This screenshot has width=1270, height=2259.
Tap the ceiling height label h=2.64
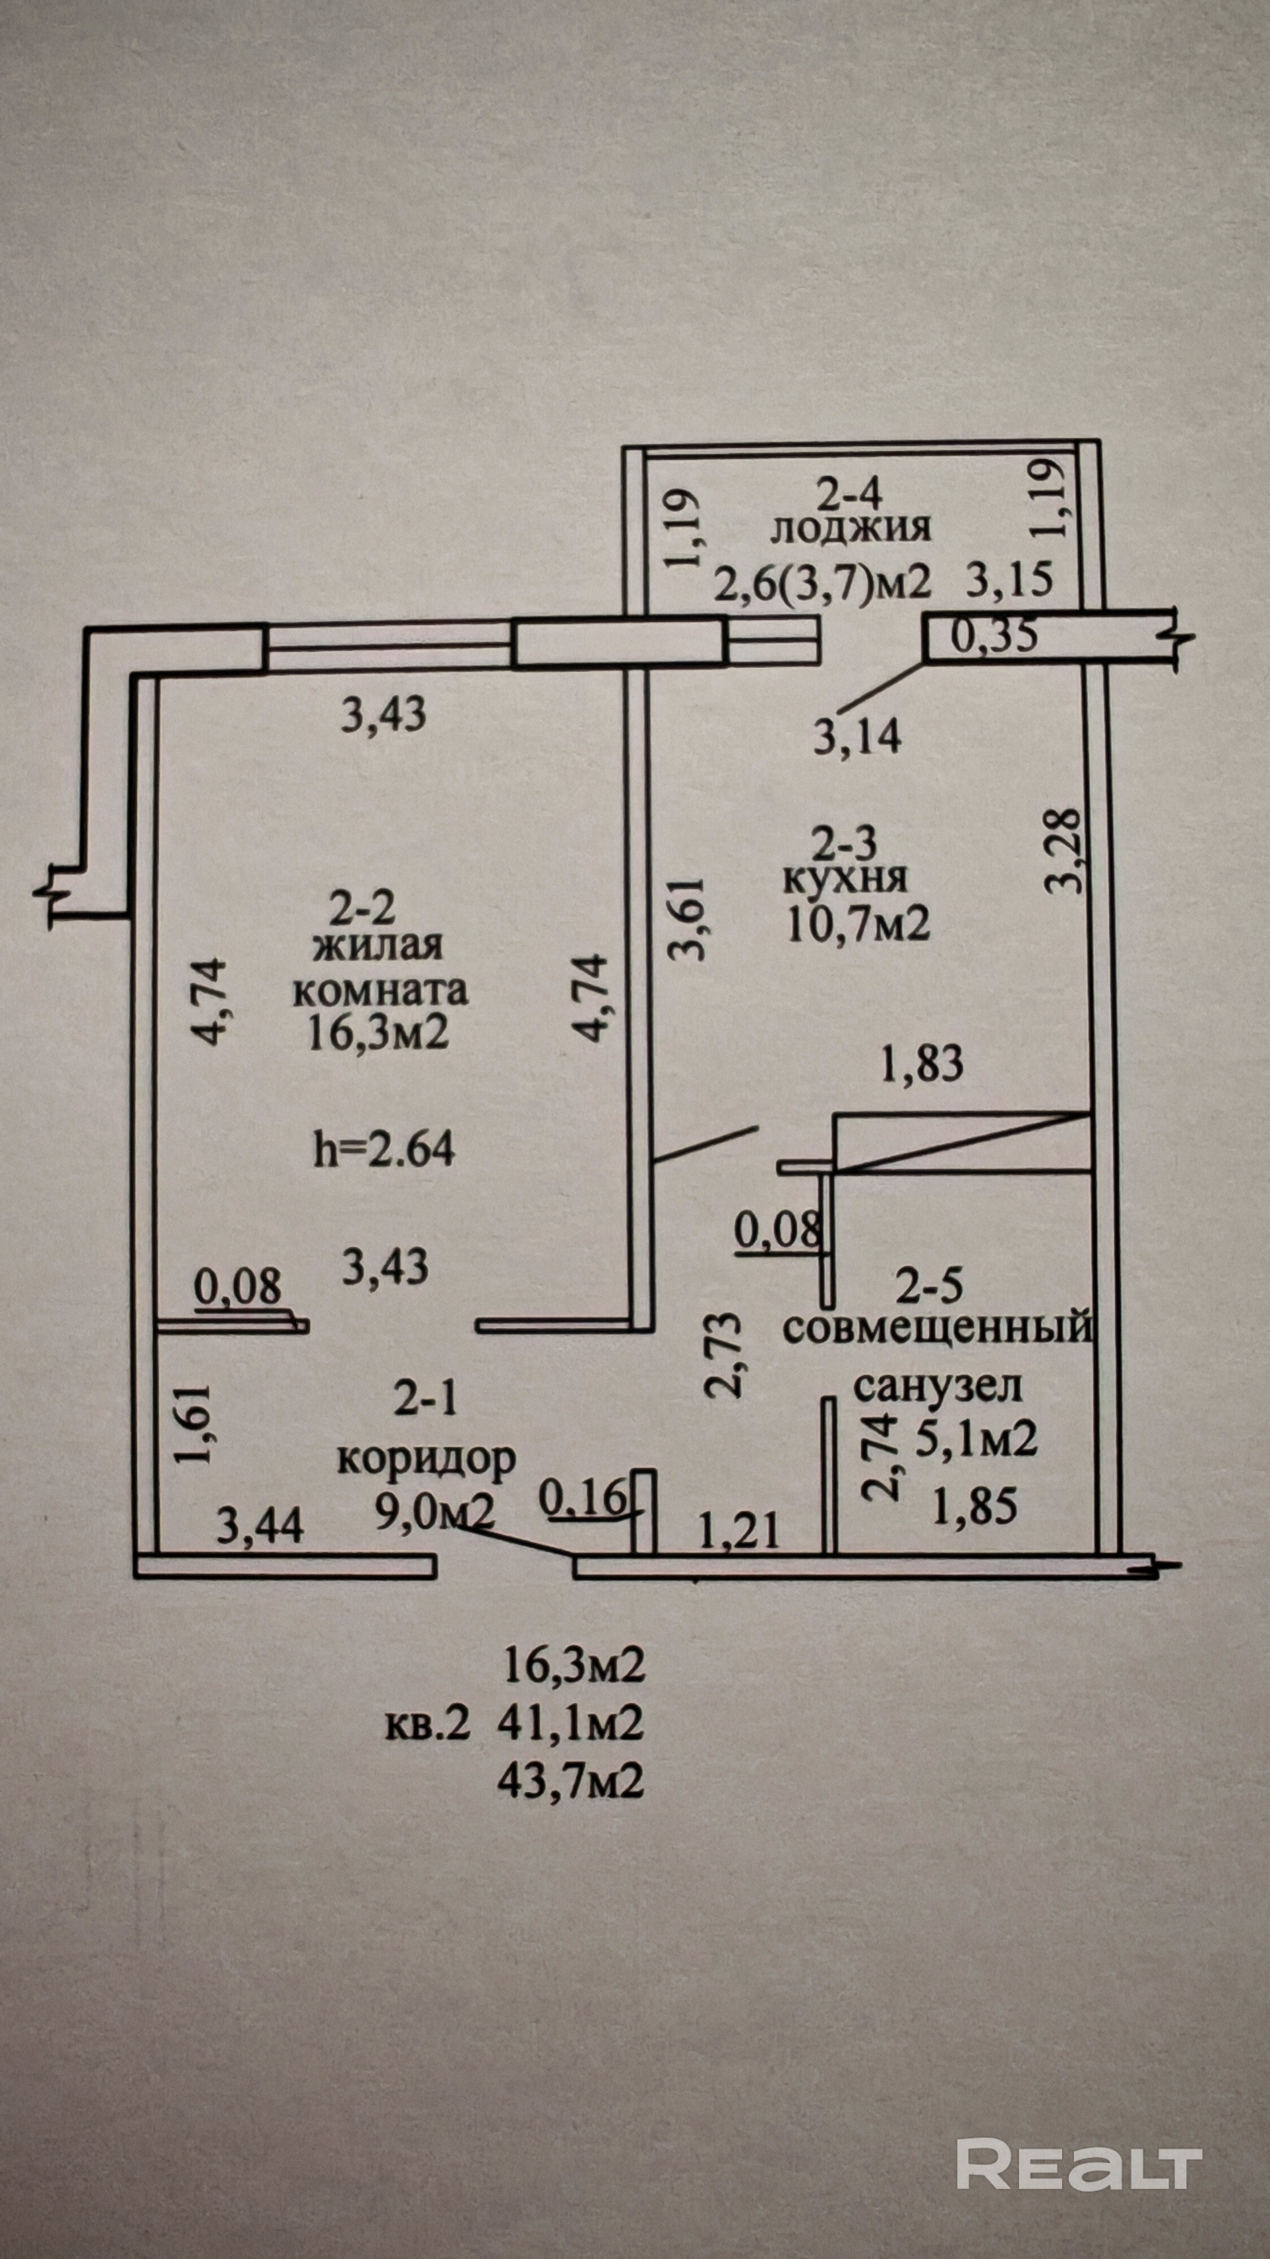384,1149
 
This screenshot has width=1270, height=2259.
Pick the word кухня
846,879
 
